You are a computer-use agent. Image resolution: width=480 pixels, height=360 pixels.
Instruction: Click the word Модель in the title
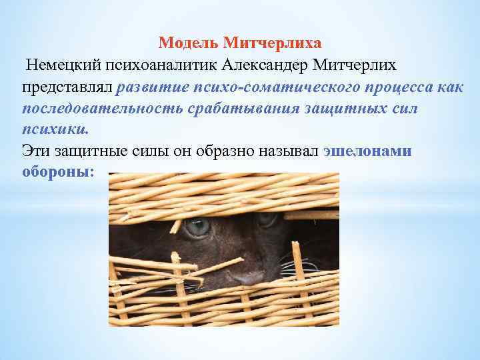189,43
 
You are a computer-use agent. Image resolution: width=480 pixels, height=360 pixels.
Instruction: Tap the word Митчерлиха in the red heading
273,43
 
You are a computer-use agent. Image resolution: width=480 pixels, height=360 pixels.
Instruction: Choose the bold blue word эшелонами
367,151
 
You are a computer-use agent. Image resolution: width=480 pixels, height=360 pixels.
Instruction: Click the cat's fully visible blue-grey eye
197,227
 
